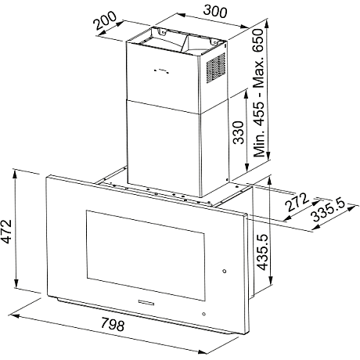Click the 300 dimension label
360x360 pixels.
[x=215, y=11]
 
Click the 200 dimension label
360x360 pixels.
[x=106, y=20]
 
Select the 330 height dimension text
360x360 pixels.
[x=239, y=132]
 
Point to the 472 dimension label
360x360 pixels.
[x=5, y=232]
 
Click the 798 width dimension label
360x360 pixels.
[x=113, y=324]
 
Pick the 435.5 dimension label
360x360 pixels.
[x=262, y=252]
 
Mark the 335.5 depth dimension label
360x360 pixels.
[x=329, y=210]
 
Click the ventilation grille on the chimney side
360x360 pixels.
[x=216, y=67]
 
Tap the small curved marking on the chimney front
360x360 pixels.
[x=161, y=70]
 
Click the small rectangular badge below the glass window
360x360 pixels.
[x=146, y=302]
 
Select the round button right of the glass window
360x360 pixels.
[x=225, y=272]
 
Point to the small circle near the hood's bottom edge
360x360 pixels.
[x=203, y=314]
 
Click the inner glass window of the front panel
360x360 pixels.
[x=146, y=254]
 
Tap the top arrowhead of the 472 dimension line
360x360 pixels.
[x=15, y=173]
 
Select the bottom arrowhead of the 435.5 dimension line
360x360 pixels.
[x=271, y=281]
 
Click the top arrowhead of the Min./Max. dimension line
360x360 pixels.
[x=267, y=23]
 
